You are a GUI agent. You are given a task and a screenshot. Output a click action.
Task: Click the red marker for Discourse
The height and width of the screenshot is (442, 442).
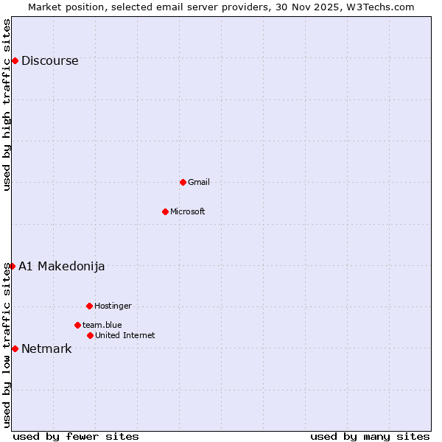tap(15, 60)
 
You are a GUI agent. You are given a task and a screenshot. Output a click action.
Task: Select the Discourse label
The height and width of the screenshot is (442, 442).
tap(49, 61)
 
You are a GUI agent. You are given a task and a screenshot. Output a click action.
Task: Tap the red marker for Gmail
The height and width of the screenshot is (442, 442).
tap(183, 182)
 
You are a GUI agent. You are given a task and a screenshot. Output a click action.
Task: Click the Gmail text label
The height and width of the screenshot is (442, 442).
tap(199, 182)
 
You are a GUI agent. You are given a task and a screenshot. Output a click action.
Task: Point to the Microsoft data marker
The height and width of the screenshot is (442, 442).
tap(165, 211)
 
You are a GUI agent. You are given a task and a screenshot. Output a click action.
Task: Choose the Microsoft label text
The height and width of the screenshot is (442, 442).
tap(188, 211)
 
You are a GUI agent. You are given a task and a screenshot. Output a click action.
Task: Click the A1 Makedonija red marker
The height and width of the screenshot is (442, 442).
tap(12, 266)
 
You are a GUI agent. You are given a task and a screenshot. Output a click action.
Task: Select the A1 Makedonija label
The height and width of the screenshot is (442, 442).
tap(62, 267)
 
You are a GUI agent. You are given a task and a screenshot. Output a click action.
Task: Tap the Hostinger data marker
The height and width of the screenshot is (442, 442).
tap(89, 306)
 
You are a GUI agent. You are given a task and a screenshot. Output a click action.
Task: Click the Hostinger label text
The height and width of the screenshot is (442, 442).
tap(113, 306)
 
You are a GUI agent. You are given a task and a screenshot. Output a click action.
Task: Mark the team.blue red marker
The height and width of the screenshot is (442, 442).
tap(77, 325)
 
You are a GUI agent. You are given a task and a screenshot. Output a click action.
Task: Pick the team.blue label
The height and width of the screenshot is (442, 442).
tap(102, 325)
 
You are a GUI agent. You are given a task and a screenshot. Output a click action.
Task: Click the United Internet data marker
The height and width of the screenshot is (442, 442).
tap(90, 335)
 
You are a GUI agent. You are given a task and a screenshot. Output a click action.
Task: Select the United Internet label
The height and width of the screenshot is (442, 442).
tap(125, 335)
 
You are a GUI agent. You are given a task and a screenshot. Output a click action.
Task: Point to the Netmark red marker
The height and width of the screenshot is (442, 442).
tap(15, 348)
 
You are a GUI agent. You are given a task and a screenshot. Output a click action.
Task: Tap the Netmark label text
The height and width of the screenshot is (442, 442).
tap(46, 349)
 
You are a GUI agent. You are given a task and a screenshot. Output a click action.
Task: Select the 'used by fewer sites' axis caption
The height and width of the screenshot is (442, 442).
tap(76, 437)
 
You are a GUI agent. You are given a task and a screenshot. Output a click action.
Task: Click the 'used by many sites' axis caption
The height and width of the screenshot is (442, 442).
tap(370, 437)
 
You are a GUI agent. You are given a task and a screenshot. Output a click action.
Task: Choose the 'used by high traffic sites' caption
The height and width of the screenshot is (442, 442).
tap(7, 105)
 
